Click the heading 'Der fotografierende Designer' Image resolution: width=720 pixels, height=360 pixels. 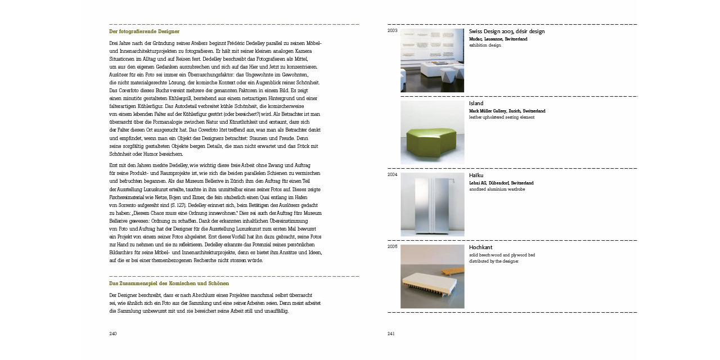coord(144,31)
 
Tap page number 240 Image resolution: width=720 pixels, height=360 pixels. coord(112,334)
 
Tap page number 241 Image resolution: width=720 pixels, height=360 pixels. coord(391,334)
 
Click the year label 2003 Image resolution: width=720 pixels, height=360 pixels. coord(392,30)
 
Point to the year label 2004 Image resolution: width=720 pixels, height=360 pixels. coord(392,174)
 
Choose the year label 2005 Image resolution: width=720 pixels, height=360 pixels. coord(392,246)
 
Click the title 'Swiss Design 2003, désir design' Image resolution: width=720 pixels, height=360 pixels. coord(506,31)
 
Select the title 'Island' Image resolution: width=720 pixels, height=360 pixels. coord(476,103)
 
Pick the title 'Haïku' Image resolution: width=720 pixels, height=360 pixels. coord(476,175)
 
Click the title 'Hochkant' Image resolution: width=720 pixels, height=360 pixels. coord(480,247)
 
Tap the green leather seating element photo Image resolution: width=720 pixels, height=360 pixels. coord(432,132)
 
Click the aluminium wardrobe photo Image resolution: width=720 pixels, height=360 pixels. coord(432,204)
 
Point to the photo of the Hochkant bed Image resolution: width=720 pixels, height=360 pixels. coord(432,276)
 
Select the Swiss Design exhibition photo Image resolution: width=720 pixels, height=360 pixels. coord(432,60)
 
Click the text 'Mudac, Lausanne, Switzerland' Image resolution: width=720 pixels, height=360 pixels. coord(498,39)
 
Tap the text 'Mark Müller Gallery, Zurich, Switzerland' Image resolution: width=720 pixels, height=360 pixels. coord(507,111)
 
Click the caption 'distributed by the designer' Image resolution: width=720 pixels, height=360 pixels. coord(493,261)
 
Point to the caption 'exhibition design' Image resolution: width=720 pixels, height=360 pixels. coord(484,46)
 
